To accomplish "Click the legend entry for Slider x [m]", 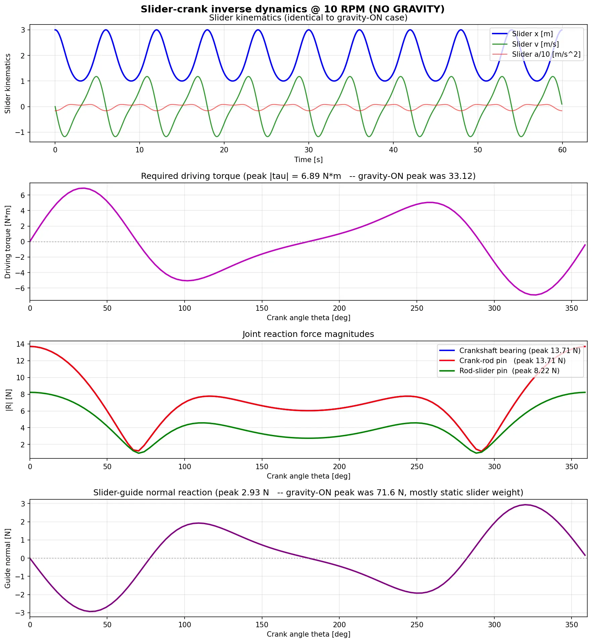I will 532,34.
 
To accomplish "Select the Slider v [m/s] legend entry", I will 535,44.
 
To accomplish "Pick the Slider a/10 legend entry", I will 546,54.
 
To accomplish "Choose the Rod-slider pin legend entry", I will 509,371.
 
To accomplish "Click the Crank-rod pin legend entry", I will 512,361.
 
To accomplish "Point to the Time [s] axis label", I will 308,160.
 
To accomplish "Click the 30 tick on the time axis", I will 308,150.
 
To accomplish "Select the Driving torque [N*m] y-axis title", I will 8,242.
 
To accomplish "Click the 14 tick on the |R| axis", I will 20,344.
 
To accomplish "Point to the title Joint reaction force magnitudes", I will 308,334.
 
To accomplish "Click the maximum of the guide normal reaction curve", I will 526,505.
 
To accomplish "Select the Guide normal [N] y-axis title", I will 8,558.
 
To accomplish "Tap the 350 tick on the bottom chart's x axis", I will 572,625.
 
